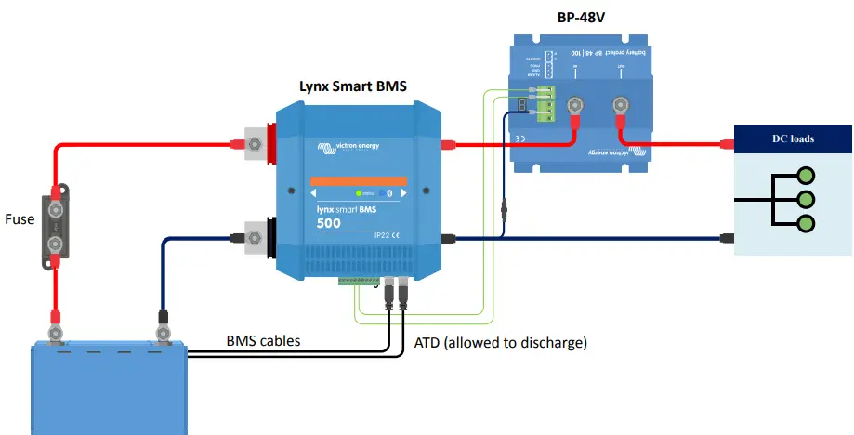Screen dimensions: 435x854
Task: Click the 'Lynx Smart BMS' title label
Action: pyautogui.click(x=352, y=86)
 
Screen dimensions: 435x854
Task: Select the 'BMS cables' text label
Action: pyautogui.click(x=264, y=341)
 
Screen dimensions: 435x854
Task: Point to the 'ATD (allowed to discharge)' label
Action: pyautogui.click(x=500, y=343)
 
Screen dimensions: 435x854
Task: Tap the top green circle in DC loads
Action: pyautogui.click(x=806, y=176)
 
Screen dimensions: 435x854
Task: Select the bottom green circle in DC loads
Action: pyautogui.click(x=806, y=224)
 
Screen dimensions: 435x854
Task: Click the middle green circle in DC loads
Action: pyautogui.click(x=806, y=200)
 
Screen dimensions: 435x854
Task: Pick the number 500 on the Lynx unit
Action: pyautogui.click(x=328, y=223)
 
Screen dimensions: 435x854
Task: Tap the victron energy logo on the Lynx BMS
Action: pyautogui.click(x=357, y=145)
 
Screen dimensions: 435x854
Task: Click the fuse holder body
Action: pyautogui.click(x=57, y=223)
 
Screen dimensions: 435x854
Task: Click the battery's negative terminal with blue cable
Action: pyautogui.click(x=163, y=331)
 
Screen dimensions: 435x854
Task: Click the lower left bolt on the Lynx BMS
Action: pyautogui.click(x=253, y=238)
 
